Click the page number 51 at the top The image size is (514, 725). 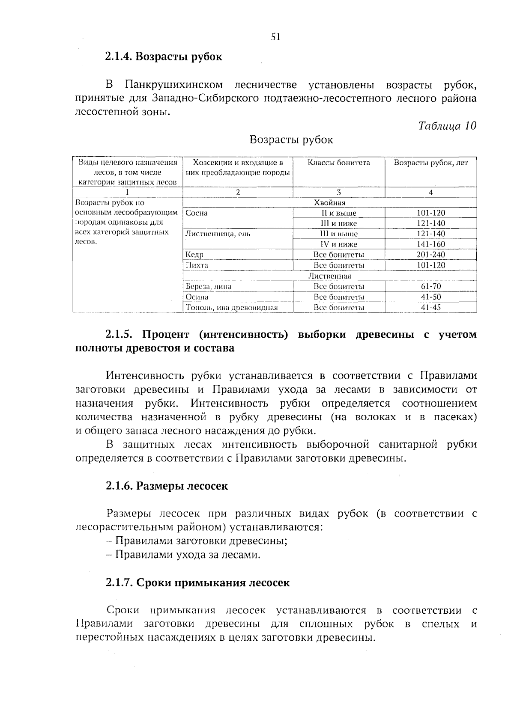pos(275,37)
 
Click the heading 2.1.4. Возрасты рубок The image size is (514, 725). pos(164,56)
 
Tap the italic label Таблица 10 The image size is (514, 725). pos(447,126)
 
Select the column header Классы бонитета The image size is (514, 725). pos(339,163)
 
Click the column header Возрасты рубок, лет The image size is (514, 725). pos(430,163)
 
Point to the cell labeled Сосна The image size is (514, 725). pos(197,213)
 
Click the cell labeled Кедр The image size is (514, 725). pos(194,255)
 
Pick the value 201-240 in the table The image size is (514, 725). pos(430,255)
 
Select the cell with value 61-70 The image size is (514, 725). pos(430,286)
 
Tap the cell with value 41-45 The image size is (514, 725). pos(430,307)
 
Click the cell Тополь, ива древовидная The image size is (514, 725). pos(231,307)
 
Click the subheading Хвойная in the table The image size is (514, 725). pos(329,203)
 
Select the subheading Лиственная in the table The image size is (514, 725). pos(329,276)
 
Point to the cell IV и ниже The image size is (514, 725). pos(339,244)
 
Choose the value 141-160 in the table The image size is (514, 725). pos(430,244)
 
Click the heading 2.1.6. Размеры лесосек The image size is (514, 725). pos(167,486)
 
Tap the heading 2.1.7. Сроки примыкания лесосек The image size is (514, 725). pos(197,583)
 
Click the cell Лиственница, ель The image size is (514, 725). pos(218,234)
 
